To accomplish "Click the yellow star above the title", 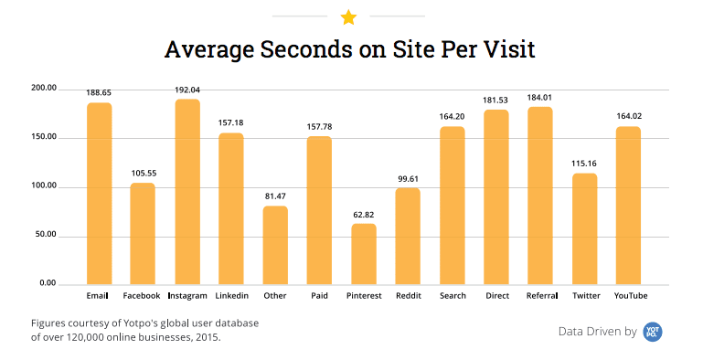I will pos(347,16).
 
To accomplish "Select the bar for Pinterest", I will pos(364,254).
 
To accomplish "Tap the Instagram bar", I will pos(187,192).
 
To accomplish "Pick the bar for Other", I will pos(275,245).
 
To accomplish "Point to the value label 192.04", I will pos(187,90).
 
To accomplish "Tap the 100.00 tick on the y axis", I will pos(44,186).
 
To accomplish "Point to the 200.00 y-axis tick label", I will pos(44,89).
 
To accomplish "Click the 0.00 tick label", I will pos(48,284).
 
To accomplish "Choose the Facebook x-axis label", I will pos(142,296).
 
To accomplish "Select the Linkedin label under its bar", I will pos(231,296).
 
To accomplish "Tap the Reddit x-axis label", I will pos(408,296).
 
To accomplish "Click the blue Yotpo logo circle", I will pos(652,332).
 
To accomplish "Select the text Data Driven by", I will pos(597,332).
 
